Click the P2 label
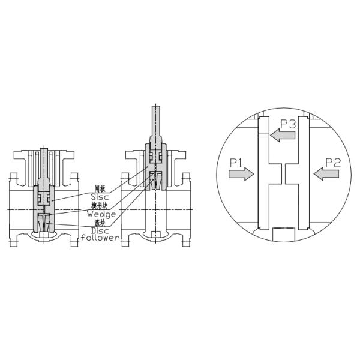click(333, 162)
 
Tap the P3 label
click(288, 125)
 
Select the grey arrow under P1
click(241, 174)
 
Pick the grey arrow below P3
click(283, 136)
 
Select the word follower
click(100, 237)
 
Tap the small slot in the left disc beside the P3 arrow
click(263, 136)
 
